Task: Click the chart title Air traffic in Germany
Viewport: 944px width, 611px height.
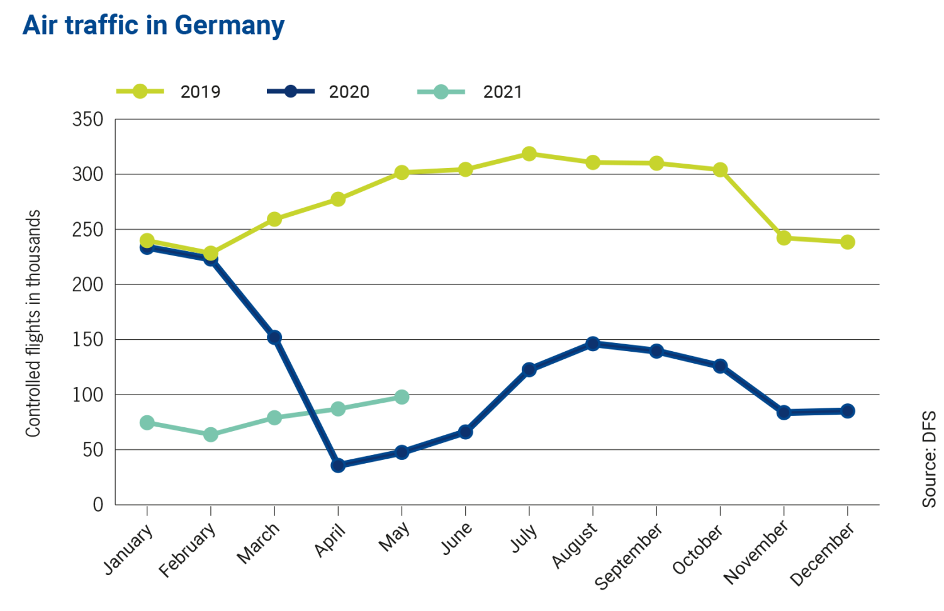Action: click(154, 26)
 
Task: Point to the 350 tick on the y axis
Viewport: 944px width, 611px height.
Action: click(87, 120)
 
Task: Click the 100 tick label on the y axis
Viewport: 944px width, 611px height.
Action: click(87, 395)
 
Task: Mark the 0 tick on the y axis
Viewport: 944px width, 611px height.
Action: click(98, 505)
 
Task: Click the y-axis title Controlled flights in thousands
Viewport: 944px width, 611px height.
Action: click(33, 323)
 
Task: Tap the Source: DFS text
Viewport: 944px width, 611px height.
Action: click(929, 459)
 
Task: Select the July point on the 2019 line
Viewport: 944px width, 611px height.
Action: click(529, 154)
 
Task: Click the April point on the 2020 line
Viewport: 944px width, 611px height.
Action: click(338, 466)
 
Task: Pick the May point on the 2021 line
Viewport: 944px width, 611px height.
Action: click(402, 397)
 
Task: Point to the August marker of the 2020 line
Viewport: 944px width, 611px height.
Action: click(593, 344)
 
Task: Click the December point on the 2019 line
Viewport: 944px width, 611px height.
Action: click(848, 242)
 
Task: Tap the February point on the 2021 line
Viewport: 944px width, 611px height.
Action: click(211, 435)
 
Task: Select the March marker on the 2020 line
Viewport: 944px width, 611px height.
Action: click(274, 337)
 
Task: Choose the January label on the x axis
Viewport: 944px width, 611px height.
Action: click(128, 548)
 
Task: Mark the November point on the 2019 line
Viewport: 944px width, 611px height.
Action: click(784, 238)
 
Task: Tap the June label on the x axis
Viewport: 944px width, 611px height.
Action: click(456, 539)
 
